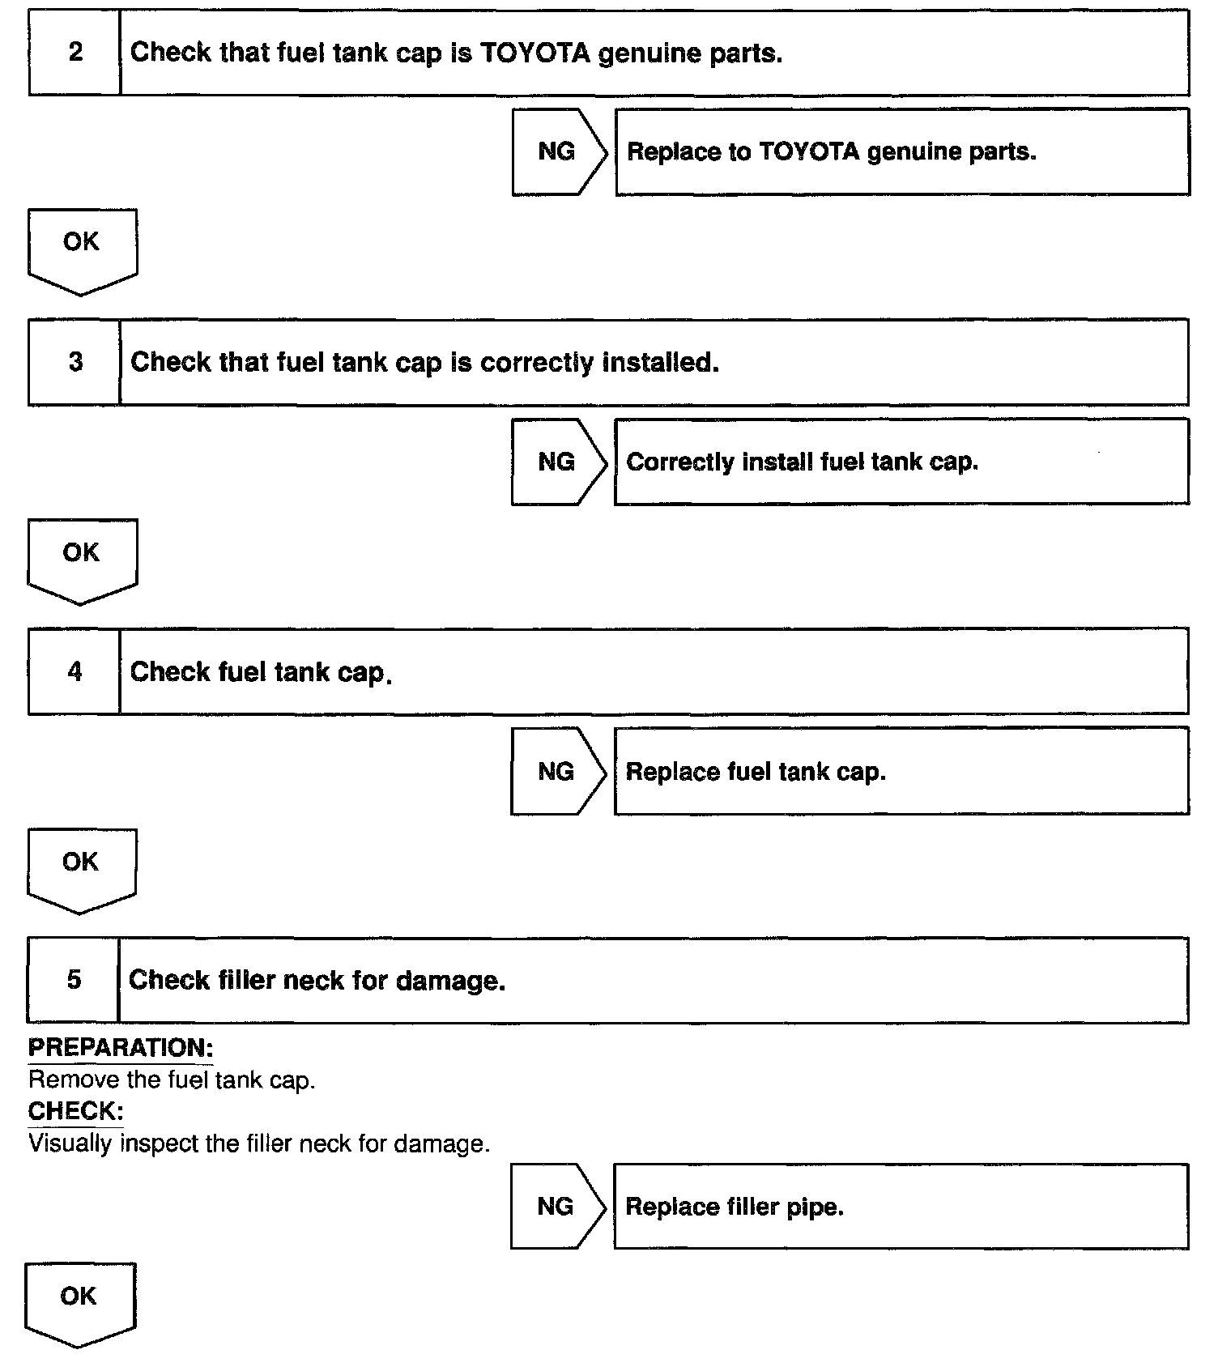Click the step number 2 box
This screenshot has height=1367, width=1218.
click(x=75, y=53)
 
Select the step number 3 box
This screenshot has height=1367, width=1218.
click(x=75, y=362)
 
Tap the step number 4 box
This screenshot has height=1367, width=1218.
click(x=75, y=671)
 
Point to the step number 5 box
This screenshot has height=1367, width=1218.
click(x=74, y=980)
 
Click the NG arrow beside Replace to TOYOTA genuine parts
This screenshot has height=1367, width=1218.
click(x=558, y=151)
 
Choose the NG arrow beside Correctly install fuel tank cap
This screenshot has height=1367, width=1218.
click(x=558, y=462)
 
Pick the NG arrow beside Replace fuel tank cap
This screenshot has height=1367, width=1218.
click(x=557, y=771)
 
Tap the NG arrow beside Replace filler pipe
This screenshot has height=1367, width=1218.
click(x=557, y=1207)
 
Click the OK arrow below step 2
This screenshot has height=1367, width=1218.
click(x=82, y=248)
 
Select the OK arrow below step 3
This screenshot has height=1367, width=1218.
click(x=82, y=558)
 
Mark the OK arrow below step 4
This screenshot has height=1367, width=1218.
click(x=81, y=867)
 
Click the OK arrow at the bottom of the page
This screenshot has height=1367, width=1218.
click(x=79, y=1301)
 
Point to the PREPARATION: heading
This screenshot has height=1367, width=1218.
click(x=121, y=1048)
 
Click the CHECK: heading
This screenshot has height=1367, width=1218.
click(x=75, y=1111)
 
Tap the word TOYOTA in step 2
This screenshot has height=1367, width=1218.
click(x=534, y=53)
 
